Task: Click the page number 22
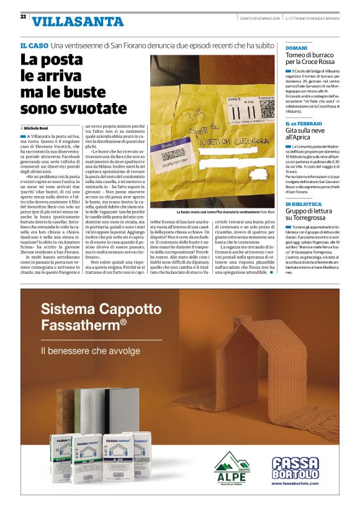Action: point(22,16)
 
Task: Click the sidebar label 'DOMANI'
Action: point(296,47)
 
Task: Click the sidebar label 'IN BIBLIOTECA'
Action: point(304,204)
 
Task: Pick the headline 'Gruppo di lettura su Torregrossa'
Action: point(310,214)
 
